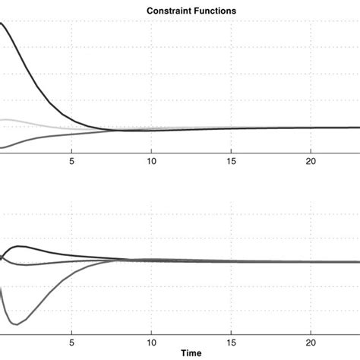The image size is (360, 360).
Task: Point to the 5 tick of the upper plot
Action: point(71,161)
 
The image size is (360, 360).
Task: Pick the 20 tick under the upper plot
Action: point(311,161)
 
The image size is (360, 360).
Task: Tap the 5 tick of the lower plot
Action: point(71,342)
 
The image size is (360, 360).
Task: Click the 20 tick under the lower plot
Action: point(311,342)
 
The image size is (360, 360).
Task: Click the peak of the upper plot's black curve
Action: point(2,24)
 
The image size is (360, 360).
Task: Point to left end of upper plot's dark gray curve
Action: point(2,147)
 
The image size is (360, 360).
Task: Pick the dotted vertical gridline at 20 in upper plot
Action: point(311,76)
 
